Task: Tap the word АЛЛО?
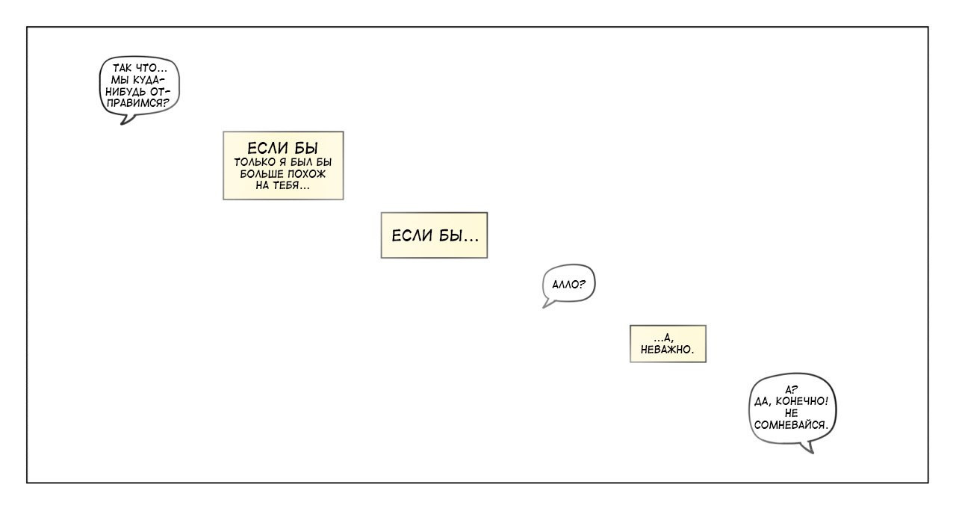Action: click(x=568, y=284)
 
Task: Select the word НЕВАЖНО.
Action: click(x=668, y=349)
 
